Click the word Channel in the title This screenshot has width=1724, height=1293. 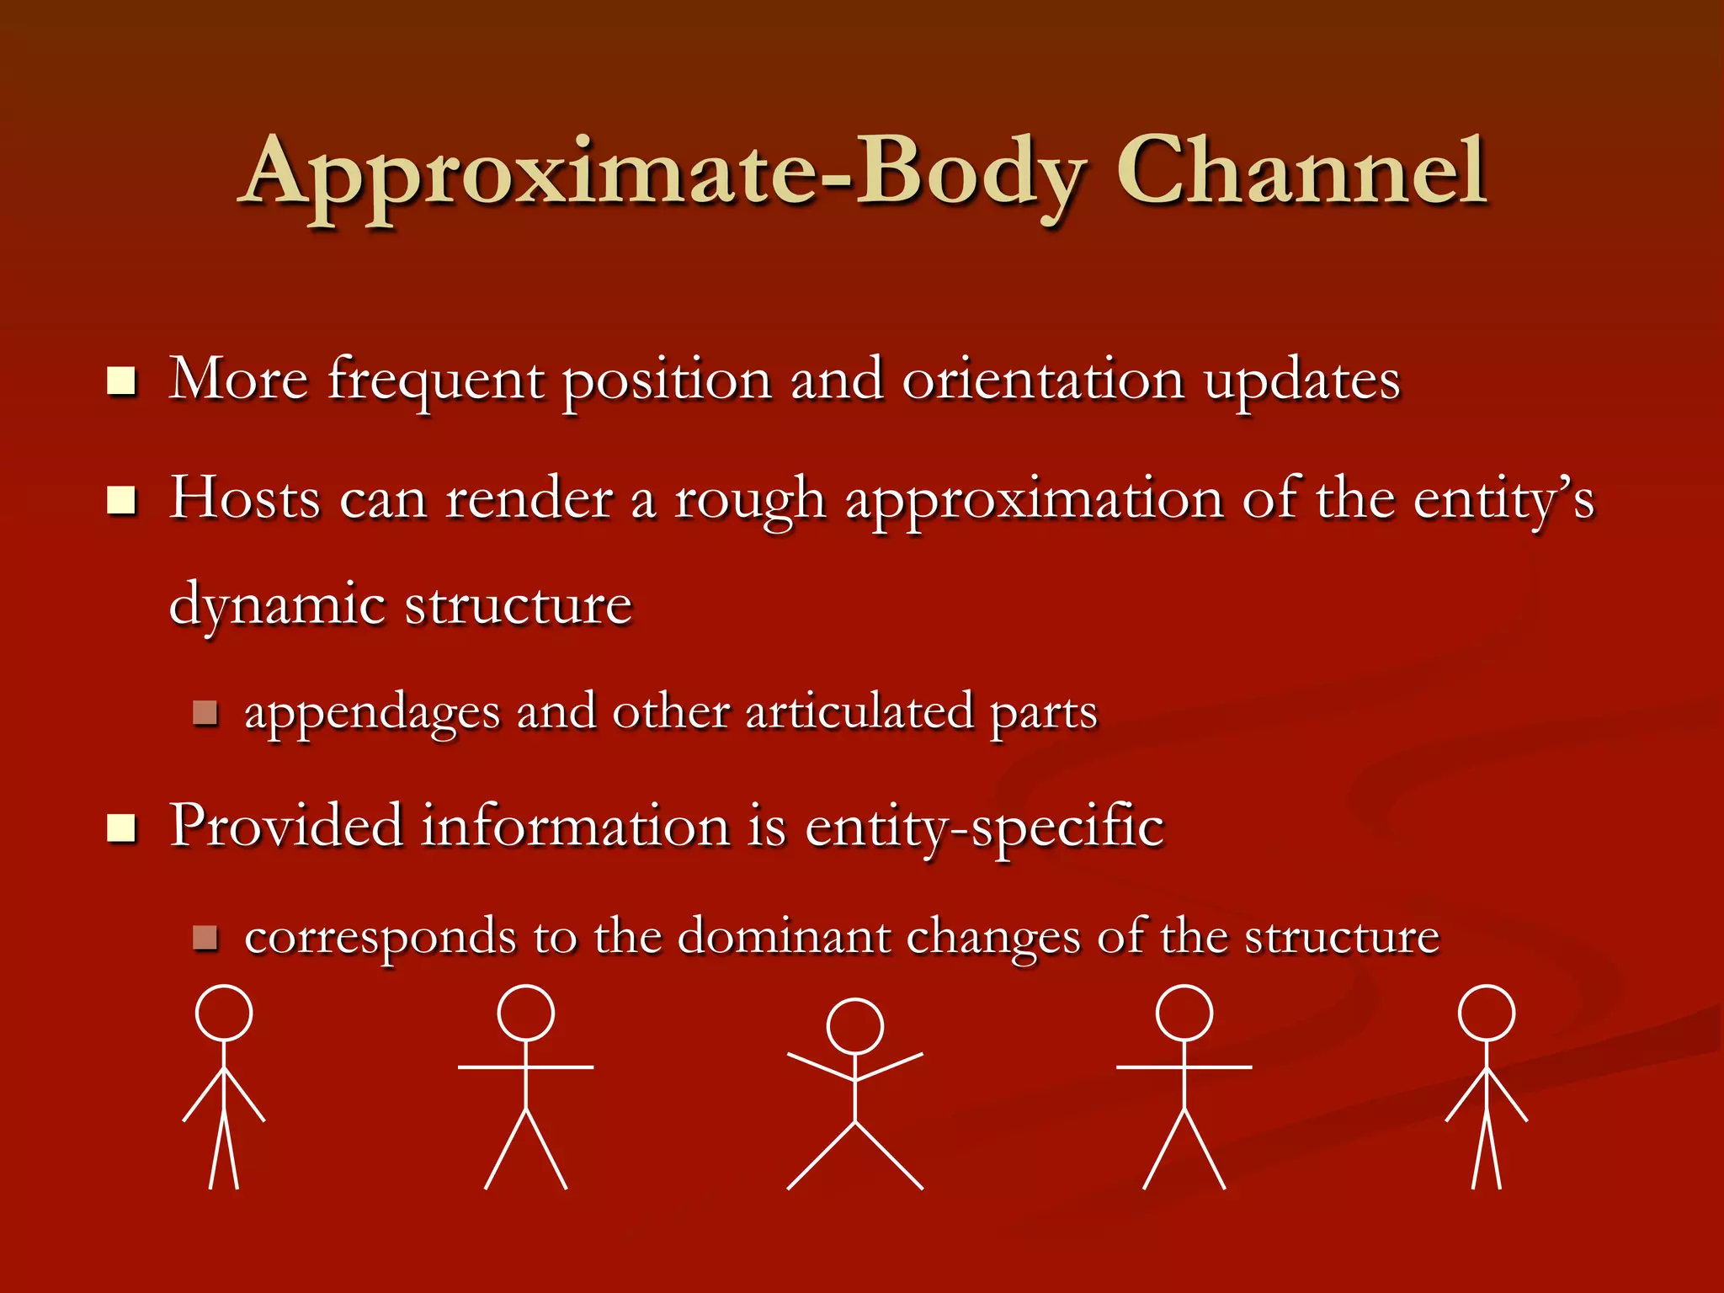tap(1301, 172)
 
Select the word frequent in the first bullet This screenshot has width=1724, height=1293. tap(435, 380)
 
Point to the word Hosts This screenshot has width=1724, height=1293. tap(245, 498)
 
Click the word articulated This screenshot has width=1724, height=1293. tap(859, 711)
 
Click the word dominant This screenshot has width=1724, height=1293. tap(783, 936)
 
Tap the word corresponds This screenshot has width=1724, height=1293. tap(380, 938)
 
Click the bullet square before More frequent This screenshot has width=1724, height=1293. tap(122, 381)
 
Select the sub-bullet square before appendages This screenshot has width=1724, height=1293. tap(205, 713)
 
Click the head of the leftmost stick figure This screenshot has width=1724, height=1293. tap(224, 1013)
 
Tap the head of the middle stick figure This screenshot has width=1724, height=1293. tap(854, 1026)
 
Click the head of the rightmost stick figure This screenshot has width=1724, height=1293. tap(1487, 1013)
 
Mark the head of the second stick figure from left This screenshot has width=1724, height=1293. tap(525, 1013)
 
